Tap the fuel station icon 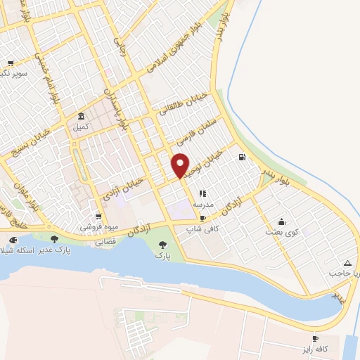tap(242, 157)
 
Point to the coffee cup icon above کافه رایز tap(315, 338)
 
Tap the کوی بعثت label tap(283, 231)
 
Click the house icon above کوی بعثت tap(282, 221)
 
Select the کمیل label tap(82, 127)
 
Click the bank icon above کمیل tap(82, 117)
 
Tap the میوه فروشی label tap(98, 227)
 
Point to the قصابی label tap(105, 241)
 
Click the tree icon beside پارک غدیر tap(54, 239)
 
